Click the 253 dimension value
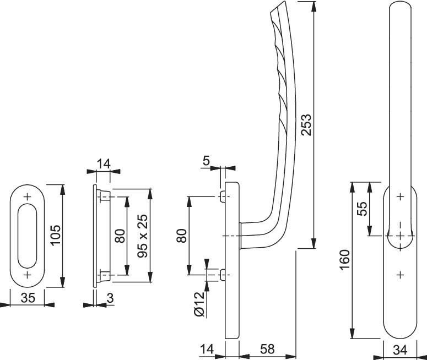click(x=307, y=124)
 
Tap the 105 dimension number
click(x=56, y=234)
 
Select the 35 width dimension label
click(x=28, y=298)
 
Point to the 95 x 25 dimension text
click(x=143, y=236)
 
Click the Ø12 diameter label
click(x=199, y=304)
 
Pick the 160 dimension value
click(x=345, y=260)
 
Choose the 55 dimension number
click(x=363, y=209)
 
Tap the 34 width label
click(x=401, y=350)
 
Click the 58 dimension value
click(x=267, y=349)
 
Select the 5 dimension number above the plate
click(x=207, y=161)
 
